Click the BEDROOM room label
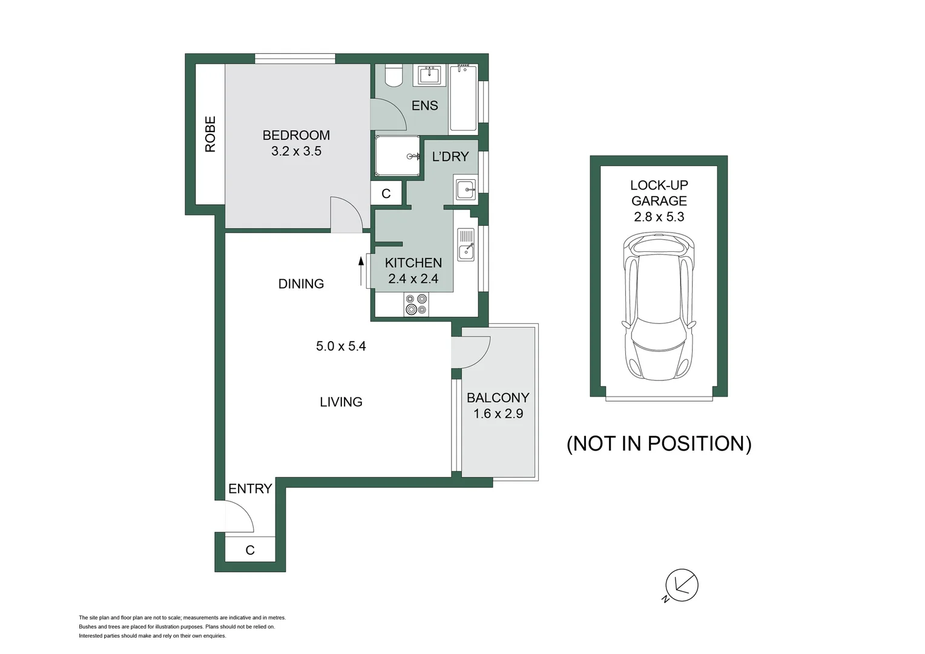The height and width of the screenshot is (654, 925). tap(296, 135)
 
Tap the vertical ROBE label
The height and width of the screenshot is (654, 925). tap(210, 134)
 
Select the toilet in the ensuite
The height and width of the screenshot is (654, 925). tap(394, 74)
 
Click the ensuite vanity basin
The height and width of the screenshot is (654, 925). tap(430, 76)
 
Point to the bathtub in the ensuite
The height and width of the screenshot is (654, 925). tap(463, 98)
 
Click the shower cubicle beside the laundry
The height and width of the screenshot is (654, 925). tap(397, 156)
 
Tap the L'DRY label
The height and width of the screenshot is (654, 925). tap(450, 156)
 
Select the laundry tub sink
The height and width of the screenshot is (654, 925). tap(466, 190)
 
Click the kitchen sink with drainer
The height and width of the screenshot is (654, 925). tap(466, 245)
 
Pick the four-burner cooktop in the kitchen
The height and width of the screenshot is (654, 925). tap(416, 304)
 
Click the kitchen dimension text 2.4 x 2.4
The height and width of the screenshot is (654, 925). tap(413, 279)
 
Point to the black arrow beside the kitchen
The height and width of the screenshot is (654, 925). tap(361, 270)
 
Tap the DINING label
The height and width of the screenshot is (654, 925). tap(301, 283)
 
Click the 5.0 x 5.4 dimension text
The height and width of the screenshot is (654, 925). tap(341, 346)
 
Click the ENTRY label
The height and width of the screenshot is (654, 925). tap(250, 488)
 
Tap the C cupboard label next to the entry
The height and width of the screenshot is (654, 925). tap(250, 550)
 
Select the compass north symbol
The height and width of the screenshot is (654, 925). tap(682, 585)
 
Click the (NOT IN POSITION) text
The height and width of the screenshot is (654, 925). tap(659, 443)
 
